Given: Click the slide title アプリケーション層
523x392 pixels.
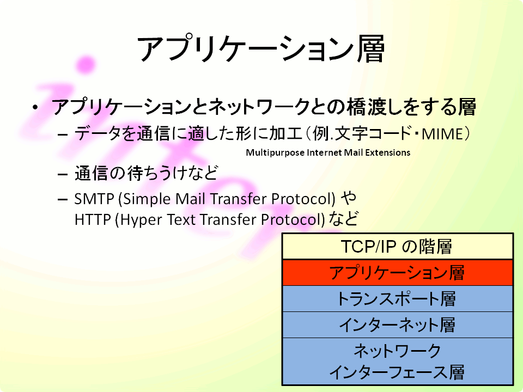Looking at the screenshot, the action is coord(261,49).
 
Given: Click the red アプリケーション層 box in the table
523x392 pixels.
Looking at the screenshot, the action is coord(398,273).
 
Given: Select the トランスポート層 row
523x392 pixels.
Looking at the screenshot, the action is coord(398,299).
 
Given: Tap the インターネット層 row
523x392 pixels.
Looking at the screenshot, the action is coord(398,324).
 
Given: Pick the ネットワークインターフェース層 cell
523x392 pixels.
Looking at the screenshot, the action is coord(398,362).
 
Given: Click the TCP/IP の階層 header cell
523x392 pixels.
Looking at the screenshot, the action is coord(398,247).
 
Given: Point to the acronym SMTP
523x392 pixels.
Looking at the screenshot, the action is coord(94,199).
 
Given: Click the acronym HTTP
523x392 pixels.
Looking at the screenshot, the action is coord(93,219).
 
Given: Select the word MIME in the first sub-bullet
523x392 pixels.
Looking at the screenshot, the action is coord(442,134).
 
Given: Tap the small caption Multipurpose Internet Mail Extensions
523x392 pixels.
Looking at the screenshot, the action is coord(328,152).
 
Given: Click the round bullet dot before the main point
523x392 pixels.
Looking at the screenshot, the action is coord(35,107).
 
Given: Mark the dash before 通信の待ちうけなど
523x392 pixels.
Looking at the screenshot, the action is coord(63,174).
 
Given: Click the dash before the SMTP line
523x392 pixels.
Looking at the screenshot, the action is coord(63,200).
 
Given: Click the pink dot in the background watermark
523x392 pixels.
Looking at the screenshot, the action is coord(86,64).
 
